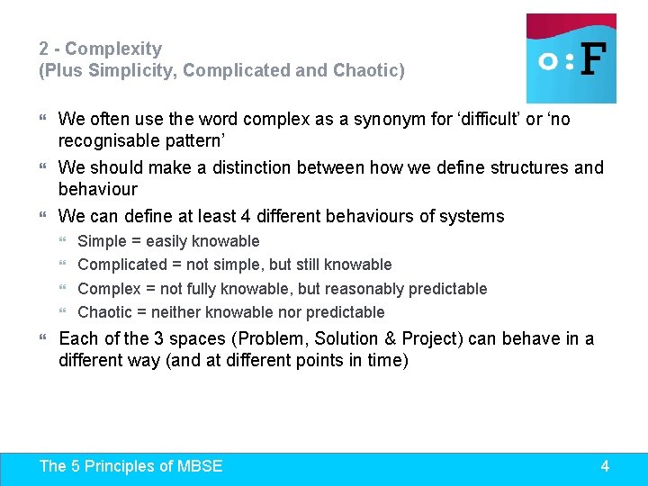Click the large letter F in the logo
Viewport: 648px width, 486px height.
pos(591,59)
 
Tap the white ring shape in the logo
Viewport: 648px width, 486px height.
pos(546,61)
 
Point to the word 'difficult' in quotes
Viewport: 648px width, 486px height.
pos(499,119)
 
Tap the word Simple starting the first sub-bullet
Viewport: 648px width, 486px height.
pos(103,241)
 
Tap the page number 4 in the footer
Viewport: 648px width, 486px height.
pos(605,465)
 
